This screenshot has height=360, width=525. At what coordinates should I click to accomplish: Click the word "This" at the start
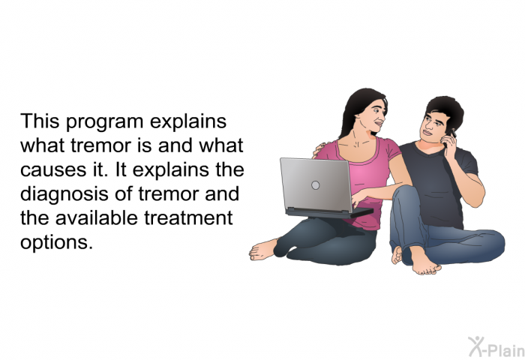pyautogui.click(x=40, y=121)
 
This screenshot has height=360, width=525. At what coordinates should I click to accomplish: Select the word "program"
pyautogui.click(x=105, y=123)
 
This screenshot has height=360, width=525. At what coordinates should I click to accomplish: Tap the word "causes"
pyautogui.click(x=53, y=169)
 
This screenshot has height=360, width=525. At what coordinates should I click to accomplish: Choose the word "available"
pyautogui.click(x=97, y=217)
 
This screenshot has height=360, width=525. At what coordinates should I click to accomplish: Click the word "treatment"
pyautogui.click(x=188, y=218)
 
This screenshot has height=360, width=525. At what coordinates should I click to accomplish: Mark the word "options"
pyautogui.click(x=56, y=243)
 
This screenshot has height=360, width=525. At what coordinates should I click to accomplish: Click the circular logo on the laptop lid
pyautogui.click(x=316, y=185)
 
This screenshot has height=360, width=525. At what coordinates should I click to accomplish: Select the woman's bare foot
pyautogui.click(x=263, y=250)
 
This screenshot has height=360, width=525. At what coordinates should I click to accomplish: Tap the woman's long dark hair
pyautogui.click(x=354, y=107)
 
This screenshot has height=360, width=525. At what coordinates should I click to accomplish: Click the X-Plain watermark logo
pyautogui.click(x=496, y=346)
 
